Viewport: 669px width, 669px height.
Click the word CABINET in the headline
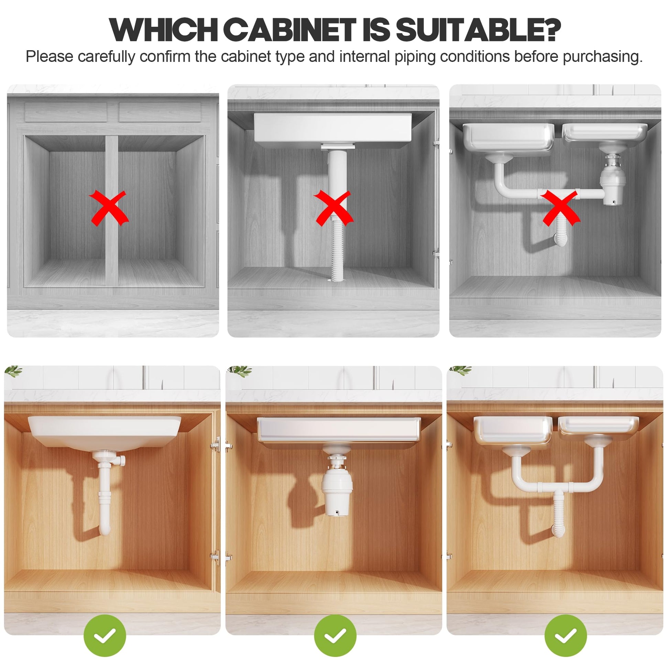pos(292,30)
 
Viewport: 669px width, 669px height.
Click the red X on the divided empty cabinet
pos(109,208)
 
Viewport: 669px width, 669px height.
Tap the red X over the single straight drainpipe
pos(333,208)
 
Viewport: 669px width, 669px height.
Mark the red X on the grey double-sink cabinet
pos(560,208)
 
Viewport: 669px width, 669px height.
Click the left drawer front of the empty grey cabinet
pos(66,112)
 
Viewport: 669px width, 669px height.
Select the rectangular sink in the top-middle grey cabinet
pos(333,128)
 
